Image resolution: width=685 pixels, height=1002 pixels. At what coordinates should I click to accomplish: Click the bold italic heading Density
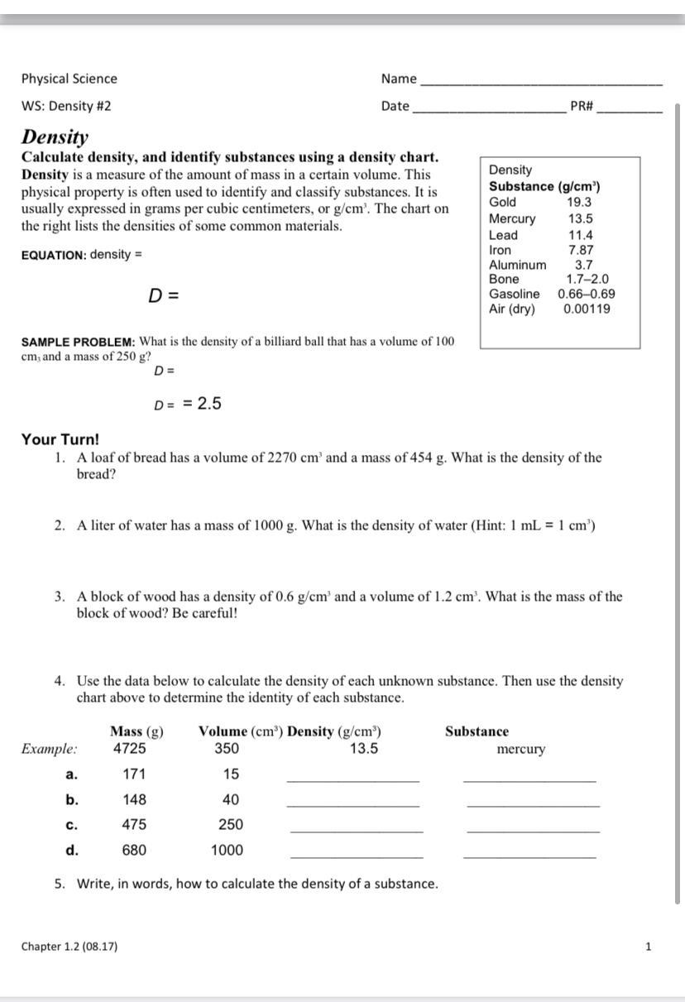coord(55,137)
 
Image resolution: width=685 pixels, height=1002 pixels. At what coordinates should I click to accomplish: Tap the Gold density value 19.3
coord(579,202)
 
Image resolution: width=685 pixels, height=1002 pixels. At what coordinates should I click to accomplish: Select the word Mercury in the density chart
coord(512,218)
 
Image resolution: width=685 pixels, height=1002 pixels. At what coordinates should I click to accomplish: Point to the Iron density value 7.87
coord(581,250)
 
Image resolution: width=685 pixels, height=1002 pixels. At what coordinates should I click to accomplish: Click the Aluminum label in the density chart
coord(517,265)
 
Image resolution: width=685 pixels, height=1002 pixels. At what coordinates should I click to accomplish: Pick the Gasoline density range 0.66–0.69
coord(586,294)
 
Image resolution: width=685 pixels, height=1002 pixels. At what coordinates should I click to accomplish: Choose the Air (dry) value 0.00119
coord(587,309)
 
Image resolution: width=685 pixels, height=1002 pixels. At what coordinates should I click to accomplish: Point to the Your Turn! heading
coord(60,439)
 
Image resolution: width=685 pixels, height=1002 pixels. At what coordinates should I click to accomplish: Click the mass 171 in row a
coord(133,774)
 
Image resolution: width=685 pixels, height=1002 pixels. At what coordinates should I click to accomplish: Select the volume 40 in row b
coord(231,800)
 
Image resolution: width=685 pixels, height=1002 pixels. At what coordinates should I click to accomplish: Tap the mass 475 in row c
coord(134,825)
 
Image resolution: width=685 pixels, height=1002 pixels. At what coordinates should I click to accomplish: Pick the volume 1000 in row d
coord(227,850)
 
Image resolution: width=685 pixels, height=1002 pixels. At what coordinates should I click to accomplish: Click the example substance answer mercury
coord(520,750)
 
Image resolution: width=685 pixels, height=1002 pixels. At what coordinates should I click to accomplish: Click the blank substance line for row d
coord(529,856)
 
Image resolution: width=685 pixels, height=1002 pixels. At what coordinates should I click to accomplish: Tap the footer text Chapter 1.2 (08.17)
coord(69,946)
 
